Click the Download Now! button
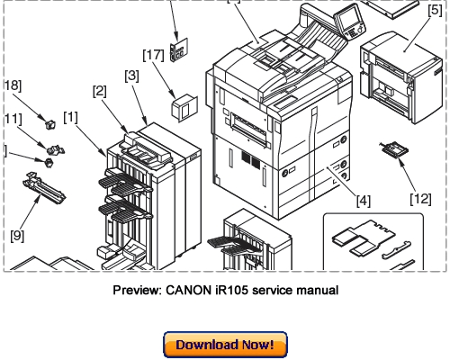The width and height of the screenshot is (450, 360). [x=225, y=345]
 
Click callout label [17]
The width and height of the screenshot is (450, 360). [x=153, y=56]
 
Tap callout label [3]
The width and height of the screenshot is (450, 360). [x=131, y=76]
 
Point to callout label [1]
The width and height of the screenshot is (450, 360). [x=70, y=116]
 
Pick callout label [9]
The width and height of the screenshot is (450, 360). [x=17, y=236]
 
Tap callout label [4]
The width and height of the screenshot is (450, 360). [x=364, y=200]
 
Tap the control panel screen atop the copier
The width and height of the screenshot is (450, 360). [x=346, y=17]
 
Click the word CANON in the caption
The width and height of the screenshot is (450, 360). [x=185, y=291]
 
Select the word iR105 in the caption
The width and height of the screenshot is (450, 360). [x=229, y=291]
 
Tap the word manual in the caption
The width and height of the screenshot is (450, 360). [x=317, y=291]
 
